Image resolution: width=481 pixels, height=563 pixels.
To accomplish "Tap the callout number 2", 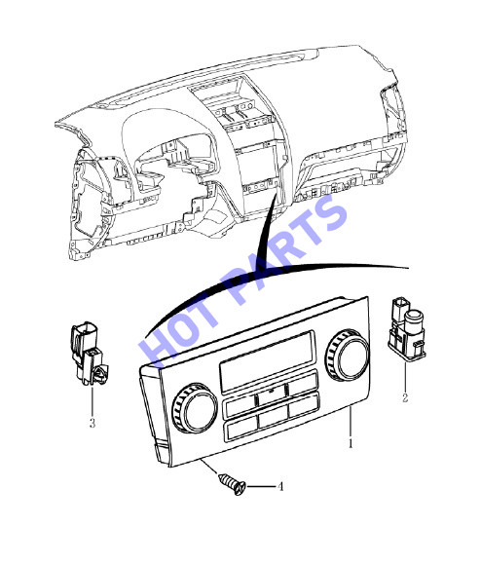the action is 405,397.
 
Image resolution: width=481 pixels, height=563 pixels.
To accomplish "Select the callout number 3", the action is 92,423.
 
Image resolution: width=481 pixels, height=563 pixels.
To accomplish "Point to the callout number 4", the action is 279,486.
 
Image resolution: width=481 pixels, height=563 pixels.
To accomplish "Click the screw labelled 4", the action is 233,483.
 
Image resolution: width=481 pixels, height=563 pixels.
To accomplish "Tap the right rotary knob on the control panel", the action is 348,355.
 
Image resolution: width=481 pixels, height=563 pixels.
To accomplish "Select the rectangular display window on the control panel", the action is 267,360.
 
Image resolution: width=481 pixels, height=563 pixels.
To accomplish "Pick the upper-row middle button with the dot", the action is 272,394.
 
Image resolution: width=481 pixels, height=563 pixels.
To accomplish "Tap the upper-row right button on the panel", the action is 304,383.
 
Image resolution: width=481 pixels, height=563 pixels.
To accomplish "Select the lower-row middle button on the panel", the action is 274,417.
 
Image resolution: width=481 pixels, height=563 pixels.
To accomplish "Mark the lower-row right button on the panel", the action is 304,404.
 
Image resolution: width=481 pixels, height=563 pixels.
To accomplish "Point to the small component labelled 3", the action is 89,355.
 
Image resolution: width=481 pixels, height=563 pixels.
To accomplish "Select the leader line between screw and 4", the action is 260,486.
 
